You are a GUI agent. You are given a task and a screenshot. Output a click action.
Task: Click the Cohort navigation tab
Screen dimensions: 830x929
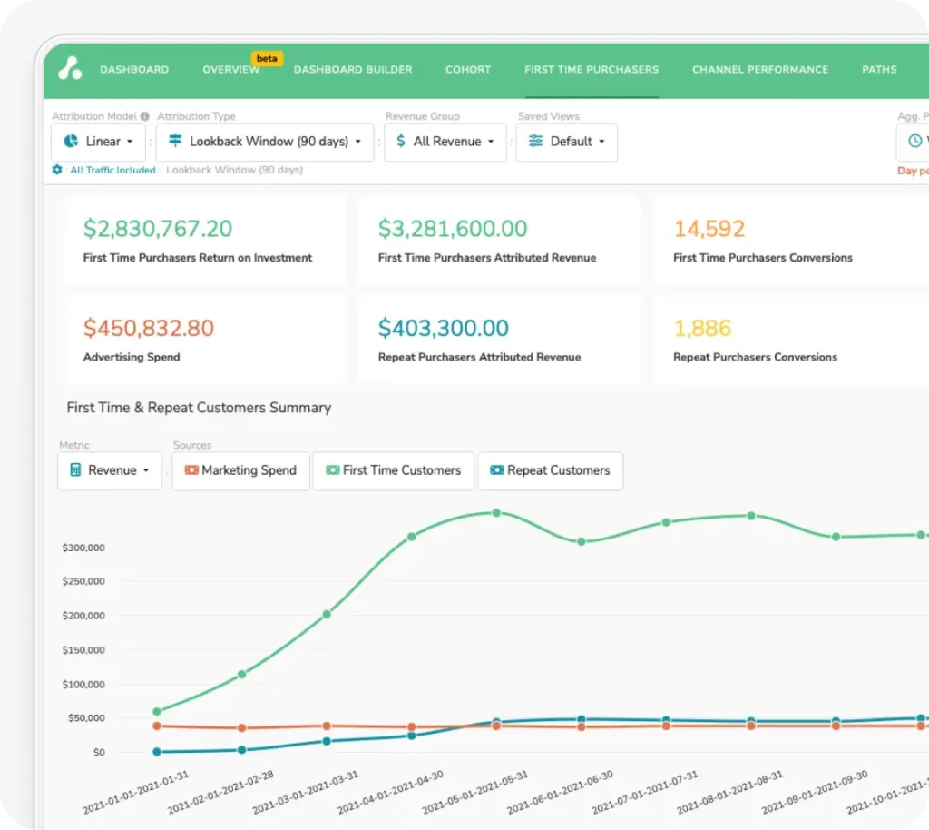(468, 70)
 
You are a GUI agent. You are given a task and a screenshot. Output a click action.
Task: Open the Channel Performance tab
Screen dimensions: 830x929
(760, 70)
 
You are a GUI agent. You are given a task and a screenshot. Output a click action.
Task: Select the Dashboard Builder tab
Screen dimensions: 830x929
(353, 70)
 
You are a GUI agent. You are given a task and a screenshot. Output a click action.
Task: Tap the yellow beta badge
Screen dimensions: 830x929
(267, 58)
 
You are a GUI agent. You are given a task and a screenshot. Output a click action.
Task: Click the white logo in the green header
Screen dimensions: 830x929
(70, 68)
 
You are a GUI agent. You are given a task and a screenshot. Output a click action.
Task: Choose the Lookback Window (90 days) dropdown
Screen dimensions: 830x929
(265, 142)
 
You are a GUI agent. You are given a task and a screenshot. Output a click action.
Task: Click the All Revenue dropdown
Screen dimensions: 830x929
(445, 142)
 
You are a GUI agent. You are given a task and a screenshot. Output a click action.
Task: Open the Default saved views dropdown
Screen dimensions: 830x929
(567, 142)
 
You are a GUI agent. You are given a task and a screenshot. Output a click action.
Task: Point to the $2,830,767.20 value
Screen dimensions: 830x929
(158, 229)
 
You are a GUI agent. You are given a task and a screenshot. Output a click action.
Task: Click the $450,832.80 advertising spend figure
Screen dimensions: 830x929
(149, 328)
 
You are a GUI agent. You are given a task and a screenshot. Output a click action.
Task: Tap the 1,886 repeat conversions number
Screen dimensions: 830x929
(702, 328)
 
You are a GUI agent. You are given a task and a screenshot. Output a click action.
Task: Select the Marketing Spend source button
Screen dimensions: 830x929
(240, 470)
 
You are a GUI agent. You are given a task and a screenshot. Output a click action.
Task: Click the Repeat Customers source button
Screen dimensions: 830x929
(550, 470)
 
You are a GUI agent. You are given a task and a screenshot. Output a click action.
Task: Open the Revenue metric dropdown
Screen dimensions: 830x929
(110, 470)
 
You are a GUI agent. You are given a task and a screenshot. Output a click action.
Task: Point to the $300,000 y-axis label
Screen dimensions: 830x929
(83, 548)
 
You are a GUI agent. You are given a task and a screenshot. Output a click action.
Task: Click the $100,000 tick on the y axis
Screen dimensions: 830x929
(83, 685)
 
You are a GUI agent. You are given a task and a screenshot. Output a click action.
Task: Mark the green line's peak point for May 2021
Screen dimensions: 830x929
(496, 513)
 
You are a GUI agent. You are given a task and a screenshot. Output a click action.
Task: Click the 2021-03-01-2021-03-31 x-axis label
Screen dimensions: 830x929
(306, 792)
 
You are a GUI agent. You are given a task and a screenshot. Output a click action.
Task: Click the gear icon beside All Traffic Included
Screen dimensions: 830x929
(58, 170)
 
